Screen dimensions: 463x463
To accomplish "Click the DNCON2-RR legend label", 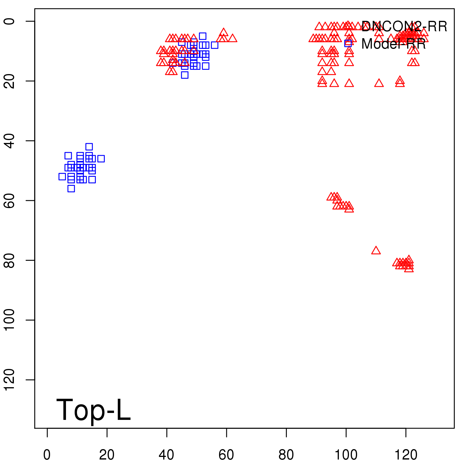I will point(404,27).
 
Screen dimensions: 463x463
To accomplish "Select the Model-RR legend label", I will point(394,44).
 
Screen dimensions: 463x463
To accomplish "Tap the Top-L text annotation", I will point(93,410).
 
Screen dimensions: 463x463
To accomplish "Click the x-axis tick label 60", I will point(226,455).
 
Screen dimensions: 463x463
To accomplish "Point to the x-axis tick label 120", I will point(406,455).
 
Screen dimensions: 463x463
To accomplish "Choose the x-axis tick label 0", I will point(47,455).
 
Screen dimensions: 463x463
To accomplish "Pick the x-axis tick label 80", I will point(286,455).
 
